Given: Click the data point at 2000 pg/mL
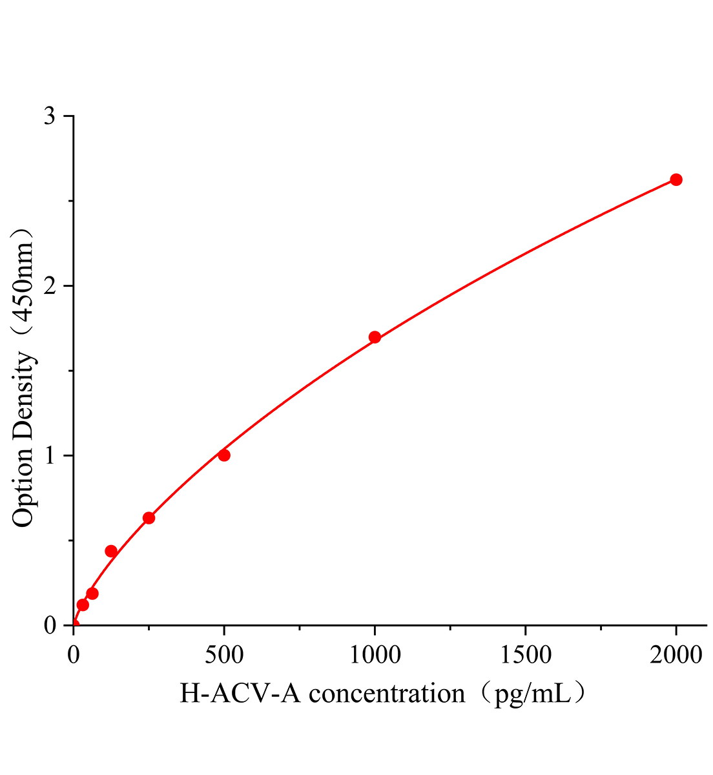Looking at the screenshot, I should coord(676,180).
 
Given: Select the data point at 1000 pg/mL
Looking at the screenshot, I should coord(375,337).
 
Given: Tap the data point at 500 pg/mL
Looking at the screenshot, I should coord(224,455).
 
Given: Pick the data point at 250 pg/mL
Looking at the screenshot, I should coord(149,517).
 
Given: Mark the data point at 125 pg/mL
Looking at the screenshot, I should coord(111,551).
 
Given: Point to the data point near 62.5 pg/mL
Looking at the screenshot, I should coord(92,593).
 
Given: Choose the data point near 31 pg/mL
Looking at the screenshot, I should coord(83,605).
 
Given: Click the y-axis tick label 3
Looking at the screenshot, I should coord(50,116).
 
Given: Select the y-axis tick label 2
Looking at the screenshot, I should coord(50,286).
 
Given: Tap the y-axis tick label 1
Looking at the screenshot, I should coord(50,456).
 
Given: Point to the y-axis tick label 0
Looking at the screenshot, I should coord(50,625).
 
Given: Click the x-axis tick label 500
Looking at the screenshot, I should coord(224,655).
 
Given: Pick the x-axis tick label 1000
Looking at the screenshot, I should coord(375,655).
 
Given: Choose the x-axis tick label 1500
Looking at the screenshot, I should coord(525,655).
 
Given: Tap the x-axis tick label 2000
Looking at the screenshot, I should coord(676,655).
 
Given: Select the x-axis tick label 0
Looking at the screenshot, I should coord(73,655).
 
